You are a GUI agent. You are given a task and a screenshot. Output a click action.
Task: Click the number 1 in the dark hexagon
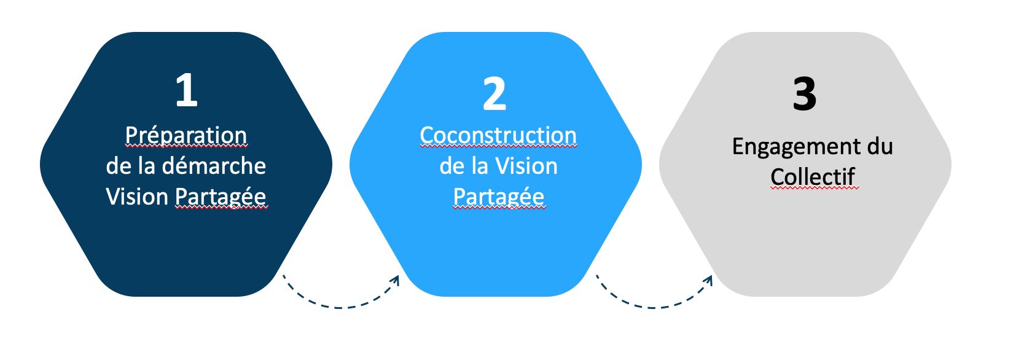click(186, 90)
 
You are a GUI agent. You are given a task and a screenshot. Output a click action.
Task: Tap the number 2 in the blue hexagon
click(494, 94)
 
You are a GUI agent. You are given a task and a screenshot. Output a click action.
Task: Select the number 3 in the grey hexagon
click(804, 94)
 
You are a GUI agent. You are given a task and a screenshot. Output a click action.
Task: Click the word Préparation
click(186, 135)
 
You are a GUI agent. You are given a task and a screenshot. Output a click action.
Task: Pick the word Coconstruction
click(498, 135)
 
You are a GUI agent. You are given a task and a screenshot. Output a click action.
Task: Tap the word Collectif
click(813, 177)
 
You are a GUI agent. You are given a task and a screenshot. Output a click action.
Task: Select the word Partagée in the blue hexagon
click(498, 197)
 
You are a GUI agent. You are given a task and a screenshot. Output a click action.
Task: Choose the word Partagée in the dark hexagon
click(221, 197)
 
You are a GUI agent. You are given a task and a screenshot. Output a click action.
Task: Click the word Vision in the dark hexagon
click(137, 197)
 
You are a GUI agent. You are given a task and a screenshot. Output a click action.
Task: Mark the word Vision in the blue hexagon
click(526, 166)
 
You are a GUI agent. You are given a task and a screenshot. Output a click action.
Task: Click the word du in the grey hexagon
click(880, 147)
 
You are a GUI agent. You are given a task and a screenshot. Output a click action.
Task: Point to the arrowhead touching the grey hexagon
click(709, 280)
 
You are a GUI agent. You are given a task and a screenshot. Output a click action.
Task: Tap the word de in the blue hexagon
click(451, 166)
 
